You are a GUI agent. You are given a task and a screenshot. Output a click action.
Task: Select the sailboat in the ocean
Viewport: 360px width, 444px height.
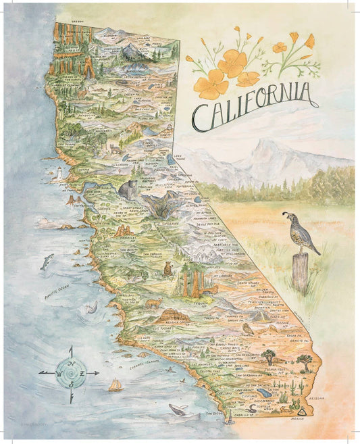click(x=115, y=385)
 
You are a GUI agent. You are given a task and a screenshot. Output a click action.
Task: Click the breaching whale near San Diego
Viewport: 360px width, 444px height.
click(x=179, y=409)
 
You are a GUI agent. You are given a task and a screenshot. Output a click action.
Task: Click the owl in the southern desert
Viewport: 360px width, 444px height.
click(x=248, y=329)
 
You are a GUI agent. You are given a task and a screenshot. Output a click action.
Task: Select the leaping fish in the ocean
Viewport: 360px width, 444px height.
click(x=47, y=261)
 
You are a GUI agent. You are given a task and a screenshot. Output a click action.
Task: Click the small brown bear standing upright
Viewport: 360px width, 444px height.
click(x=168, y=269)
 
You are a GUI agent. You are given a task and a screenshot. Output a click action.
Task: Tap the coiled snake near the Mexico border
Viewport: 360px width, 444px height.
click(x=251, y=408)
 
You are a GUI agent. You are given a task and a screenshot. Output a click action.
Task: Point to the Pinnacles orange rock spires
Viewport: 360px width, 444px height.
click(x=124, y=232)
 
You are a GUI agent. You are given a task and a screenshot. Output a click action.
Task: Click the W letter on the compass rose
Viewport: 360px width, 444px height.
click(x=59, y=372)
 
